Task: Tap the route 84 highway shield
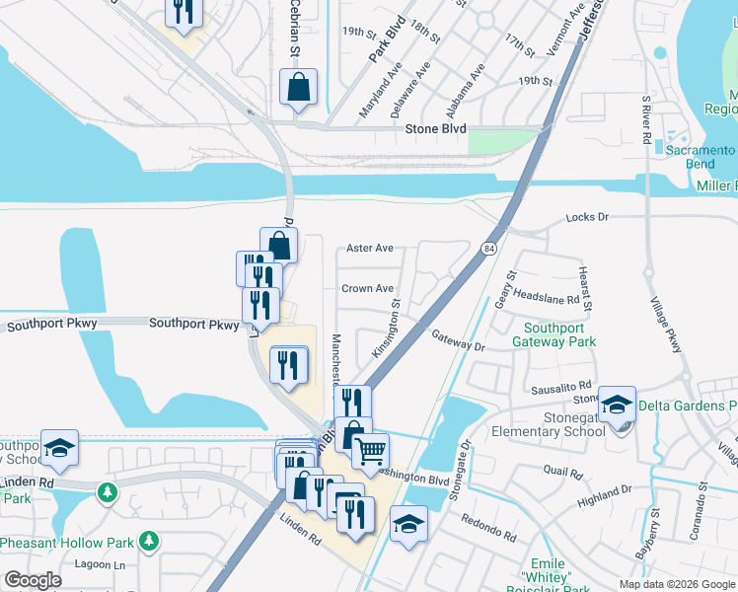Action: (x=488, y=248)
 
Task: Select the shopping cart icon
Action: (x=370, y=451)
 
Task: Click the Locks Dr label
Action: (x=589, y=216)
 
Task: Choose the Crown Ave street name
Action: (x=367, y=289)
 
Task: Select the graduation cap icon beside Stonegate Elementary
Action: (x=618, y=405)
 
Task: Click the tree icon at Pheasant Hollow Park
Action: (x=148, y=541)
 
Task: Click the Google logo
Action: (x=33, y=580)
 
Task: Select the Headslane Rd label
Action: (x=546, y=296)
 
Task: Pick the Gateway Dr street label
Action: (x=460, y=341)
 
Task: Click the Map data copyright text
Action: (x=677, y=584)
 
